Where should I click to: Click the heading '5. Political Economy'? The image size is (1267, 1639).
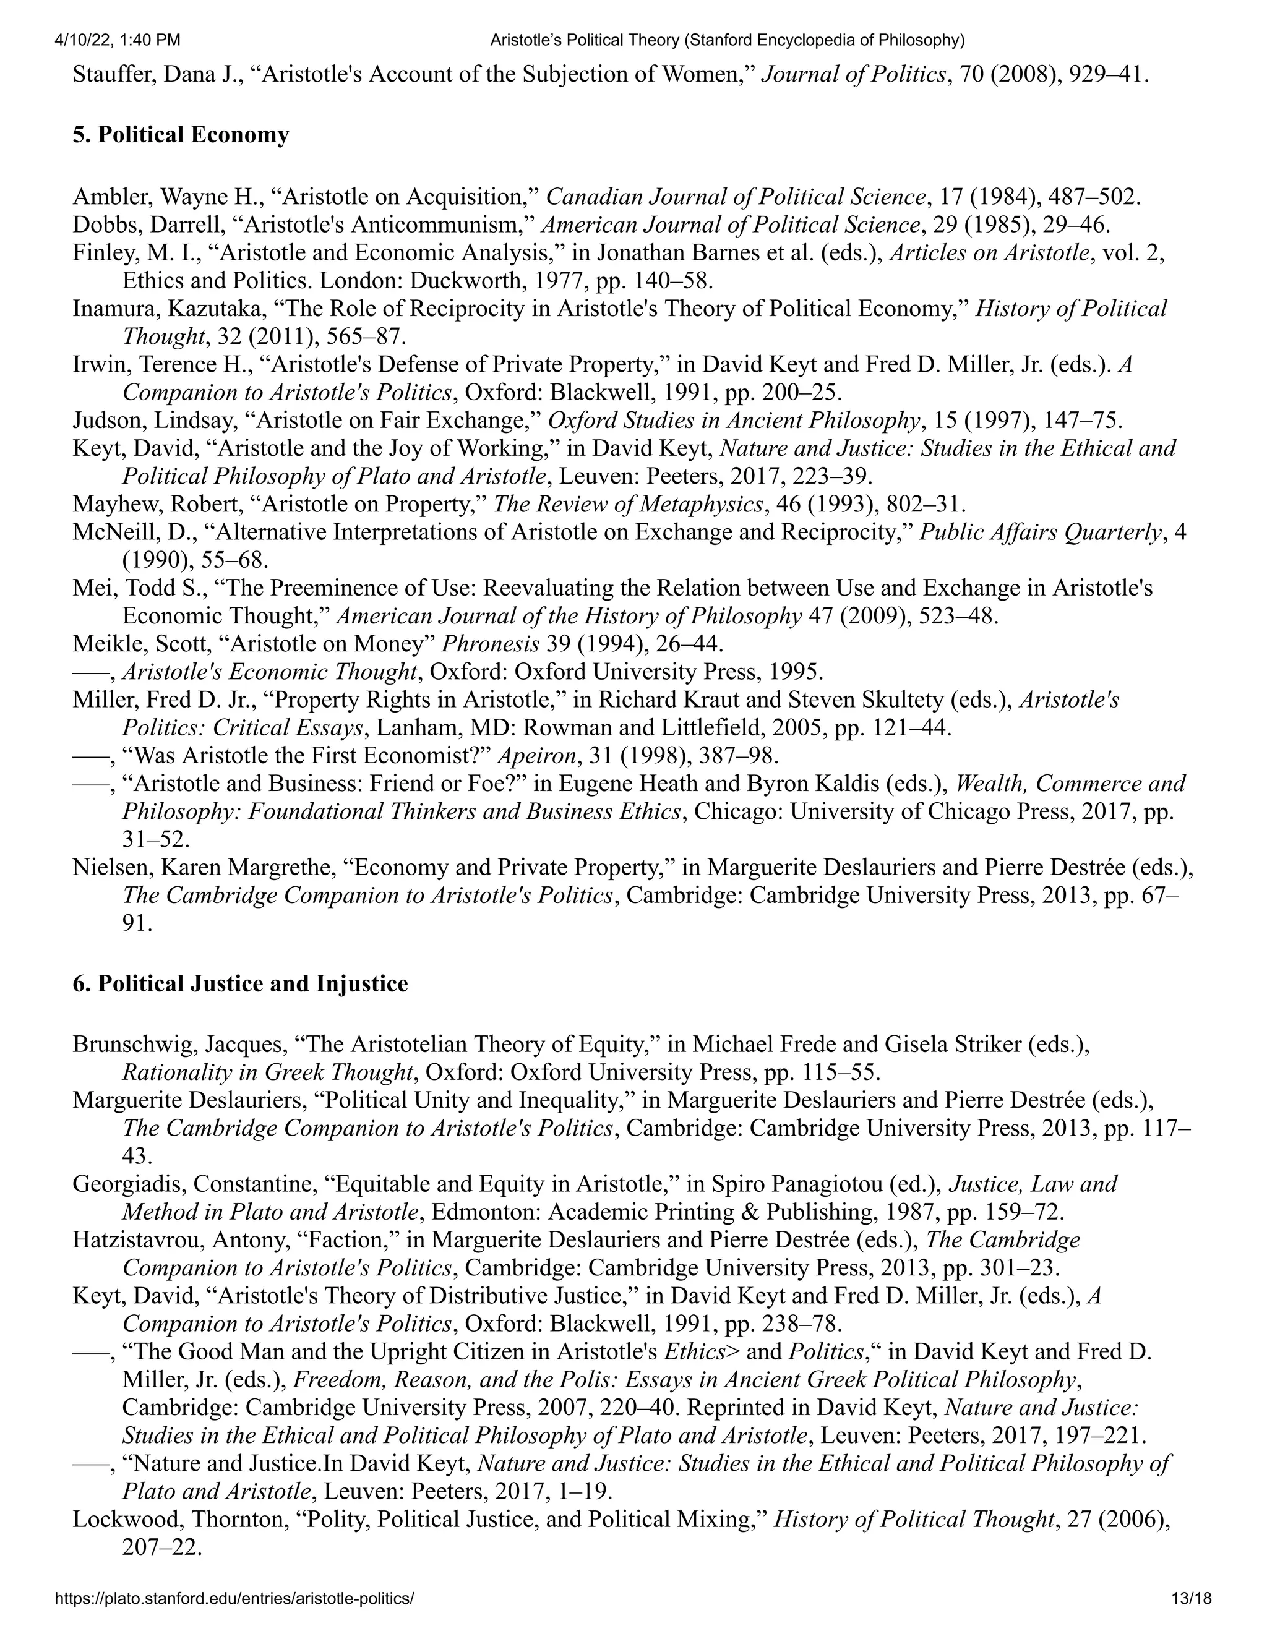tap(180, 135)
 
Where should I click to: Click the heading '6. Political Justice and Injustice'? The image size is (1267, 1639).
tap(240, 983)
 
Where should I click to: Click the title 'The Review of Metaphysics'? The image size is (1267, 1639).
tap(627, 503)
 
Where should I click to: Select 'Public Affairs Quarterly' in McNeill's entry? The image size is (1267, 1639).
tap(1039, 532)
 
